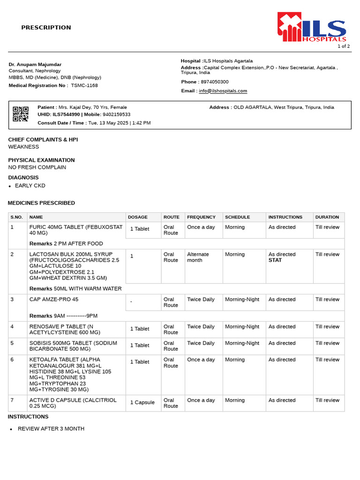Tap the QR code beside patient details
click(21, 114)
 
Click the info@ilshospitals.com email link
click(223, 91)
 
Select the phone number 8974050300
click(215, 82)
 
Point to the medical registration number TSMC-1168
click(84, 85)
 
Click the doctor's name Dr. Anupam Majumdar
click(35, 64)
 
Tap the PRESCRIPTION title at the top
click(46, 28)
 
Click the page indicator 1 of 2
click(344, 46)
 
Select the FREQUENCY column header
click(201, 217)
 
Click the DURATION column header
click(327, 217)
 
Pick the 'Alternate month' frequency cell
click(198, 257)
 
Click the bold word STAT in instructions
click(275, 260)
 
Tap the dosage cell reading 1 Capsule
click(142, 402)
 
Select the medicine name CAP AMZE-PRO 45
click(54, 300)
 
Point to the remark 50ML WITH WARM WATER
click(88, 289)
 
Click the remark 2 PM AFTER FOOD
click(78, 244)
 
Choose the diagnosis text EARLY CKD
click(30, 186)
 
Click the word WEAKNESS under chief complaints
click(23, 147)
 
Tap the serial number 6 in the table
click(12, 360)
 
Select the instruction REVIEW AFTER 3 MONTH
click(51, 429)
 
